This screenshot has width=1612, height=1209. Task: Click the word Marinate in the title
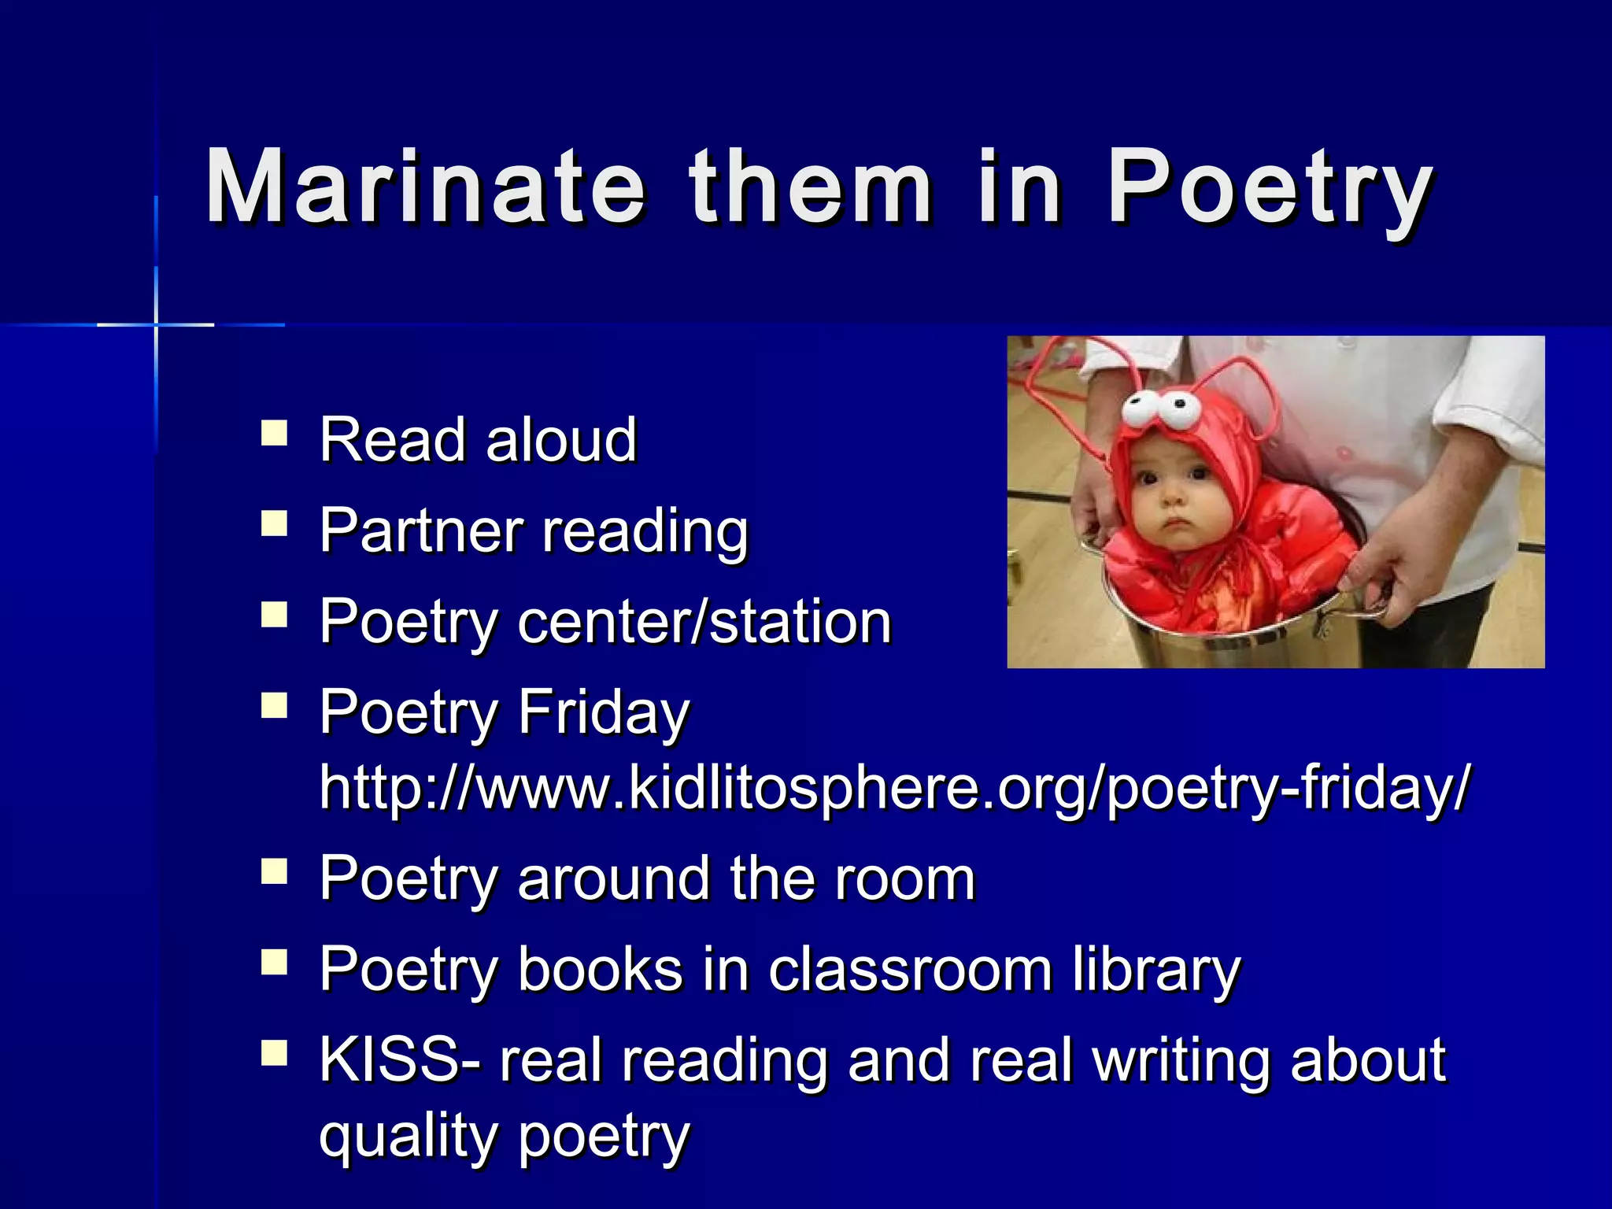coord(425,189)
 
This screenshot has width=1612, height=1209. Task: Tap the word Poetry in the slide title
coord(1269,189)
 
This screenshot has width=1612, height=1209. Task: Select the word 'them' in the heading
coord(811,189)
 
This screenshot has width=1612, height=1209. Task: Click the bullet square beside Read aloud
coord(274,434)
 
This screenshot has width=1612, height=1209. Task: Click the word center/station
coord(704,622)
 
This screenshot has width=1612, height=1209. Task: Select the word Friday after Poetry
coord(603,713)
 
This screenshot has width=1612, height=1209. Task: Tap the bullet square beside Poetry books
coord(274,961)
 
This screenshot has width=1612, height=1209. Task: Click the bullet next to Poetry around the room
coord(274,871)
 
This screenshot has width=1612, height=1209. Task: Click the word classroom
coord(910,970)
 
